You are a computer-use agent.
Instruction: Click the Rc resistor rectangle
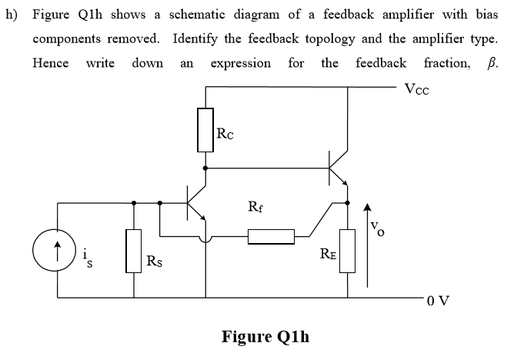205,130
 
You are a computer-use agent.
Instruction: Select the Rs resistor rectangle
133,251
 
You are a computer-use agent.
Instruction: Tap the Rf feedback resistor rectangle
271,236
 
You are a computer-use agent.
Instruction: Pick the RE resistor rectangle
347,251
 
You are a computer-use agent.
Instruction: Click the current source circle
55,250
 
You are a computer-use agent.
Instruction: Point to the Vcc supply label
416,89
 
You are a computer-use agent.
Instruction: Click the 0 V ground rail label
439,300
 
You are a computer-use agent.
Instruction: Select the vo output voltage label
377,228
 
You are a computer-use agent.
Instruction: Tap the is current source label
88,258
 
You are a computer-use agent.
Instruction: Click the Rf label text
255,207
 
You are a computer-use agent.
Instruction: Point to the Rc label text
225,134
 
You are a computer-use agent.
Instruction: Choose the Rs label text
154,261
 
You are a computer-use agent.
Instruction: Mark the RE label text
328,254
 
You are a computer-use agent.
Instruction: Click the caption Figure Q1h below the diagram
265,336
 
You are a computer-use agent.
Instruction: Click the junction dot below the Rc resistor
205,168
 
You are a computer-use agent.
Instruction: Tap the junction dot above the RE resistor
348,203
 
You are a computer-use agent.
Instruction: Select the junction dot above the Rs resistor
134,203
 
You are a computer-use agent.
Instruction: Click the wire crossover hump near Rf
205,241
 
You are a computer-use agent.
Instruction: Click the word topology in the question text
330,39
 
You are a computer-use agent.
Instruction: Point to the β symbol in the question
491,63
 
